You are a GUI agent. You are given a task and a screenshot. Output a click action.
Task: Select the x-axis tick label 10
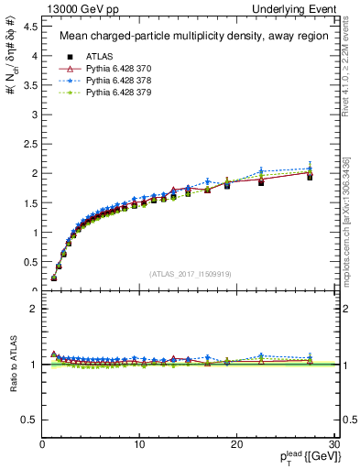click(139, 445)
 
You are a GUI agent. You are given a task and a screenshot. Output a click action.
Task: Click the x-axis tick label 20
click(236, 445)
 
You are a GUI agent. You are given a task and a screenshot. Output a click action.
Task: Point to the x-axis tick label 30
click(333, 445)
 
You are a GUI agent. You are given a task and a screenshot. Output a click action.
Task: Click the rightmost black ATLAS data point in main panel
click(310, 177)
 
